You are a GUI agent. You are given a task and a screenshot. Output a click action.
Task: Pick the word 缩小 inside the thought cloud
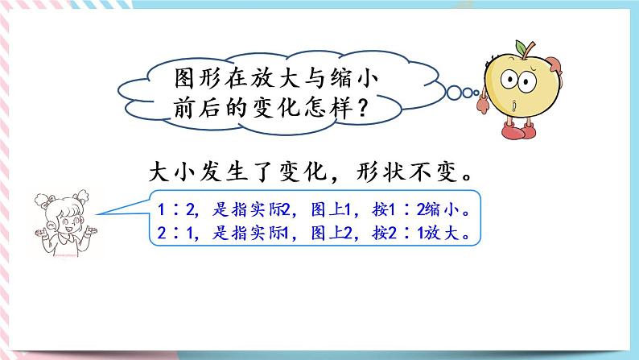(x=352, y=79)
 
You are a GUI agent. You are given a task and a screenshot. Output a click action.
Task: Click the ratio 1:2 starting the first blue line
(x=171, y=210)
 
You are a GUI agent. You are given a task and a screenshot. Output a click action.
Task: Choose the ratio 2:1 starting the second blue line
(x=171, y=234)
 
